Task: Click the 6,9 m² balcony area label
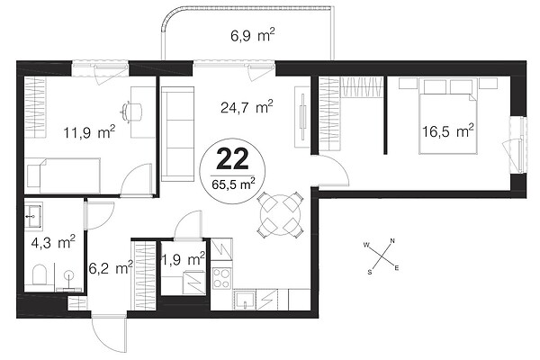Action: [252, 35]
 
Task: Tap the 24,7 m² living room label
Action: [247, 107]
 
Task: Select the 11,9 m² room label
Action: [89, 132]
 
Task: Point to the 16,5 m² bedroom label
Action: [448, 131]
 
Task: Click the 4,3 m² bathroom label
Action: [53, 243]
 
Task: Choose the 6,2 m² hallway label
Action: [111, 268]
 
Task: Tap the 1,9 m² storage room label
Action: [184, 259]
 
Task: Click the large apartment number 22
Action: [232, 158]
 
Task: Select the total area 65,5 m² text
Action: [233, 184]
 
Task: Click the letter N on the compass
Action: [392, 241]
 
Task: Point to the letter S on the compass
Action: [370, 272]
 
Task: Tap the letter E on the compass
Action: [397, 267]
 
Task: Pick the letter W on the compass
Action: [366, 246]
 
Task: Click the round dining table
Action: [281, 215]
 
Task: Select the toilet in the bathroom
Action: [39, 274]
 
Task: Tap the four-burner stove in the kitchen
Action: [221, 279]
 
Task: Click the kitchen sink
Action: [245, 300]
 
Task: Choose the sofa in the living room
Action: [177, 134]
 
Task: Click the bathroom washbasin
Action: [33, 216]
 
